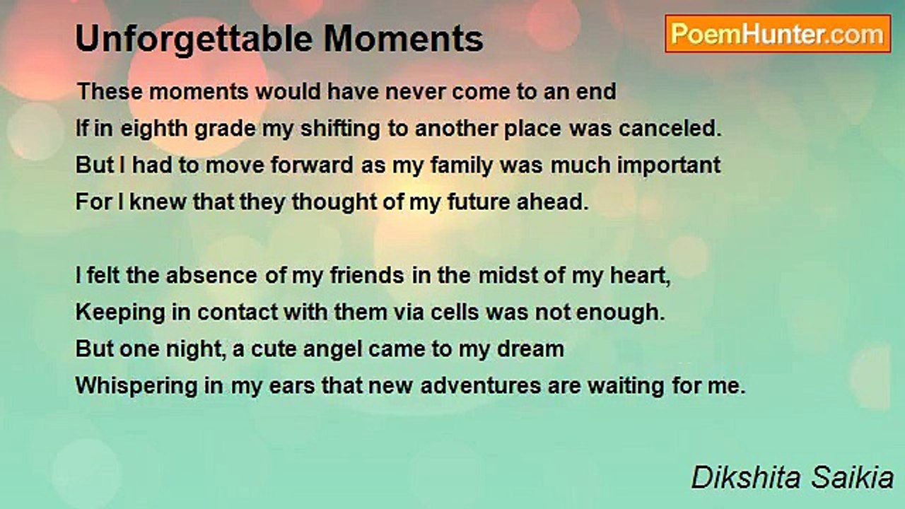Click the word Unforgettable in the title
tap(194, 39)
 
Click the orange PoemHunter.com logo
tap(778, 34)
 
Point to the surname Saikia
tap(853, 477)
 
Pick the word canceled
tap(670, 129)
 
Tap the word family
tap(461, 165)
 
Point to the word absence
tap(211, 276)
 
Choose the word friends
tap(367, 276)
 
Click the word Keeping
tap(120, 313)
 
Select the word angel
tap(332, 350)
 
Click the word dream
tap(530, 349)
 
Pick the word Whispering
tap(136, 386)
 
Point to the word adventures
tap(480, 386)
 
